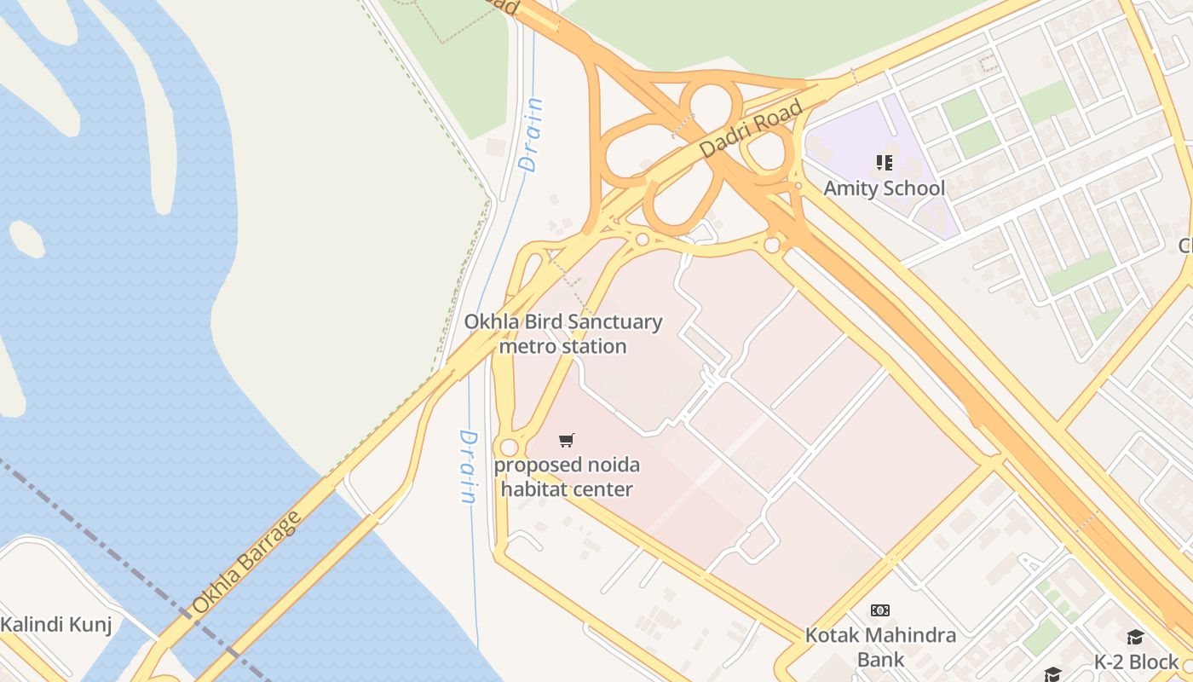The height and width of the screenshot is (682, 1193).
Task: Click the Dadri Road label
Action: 751,129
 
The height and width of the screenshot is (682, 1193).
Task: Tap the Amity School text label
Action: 884,188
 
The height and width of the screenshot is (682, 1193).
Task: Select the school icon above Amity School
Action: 884,162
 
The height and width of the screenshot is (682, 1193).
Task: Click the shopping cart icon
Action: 567,440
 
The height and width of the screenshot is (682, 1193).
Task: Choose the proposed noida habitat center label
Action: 567,477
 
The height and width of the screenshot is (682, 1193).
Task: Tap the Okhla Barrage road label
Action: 246,562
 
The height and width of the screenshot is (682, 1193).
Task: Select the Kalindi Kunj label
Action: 55,625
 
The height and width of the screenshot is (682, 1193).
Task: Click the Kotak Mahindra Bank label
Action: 880,647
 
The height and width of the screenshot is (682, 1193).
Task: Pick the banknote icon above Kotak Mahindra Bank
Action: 880,610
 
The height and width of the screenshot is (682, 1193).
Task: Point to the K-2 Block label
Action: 1137,662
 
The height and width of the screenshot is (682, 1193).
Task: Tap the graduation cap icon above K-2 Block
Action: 1135,638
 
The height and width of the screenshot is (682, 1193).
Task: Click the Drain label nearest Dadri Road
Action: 531,136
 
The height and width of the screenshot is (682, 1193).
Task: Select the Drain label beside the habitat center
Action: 468,466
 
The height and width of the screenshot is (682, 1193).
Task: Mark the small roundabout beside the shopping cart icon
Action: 509,448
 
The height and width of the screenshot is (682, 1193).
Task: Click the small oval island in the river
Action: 26,239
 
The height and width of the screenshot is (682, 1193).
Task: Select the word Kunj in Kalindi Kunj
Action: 92,625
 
